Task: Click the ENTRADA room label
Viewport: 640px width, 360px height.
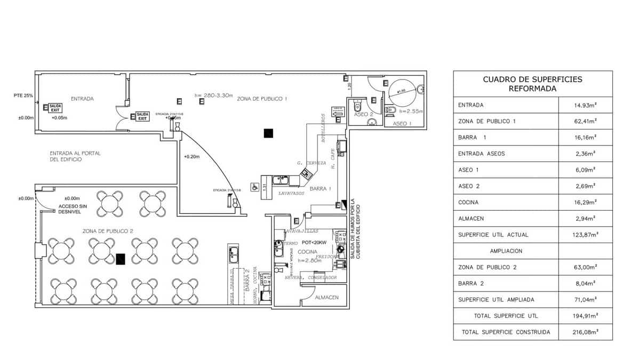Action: pyautogui.click(x=82, y=99)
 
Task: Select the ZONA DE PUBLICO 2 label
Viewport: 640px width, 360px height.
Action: pyautogui.click(x=108, y=231)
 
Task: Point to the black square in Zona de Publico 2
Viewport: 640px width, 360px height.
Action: pyautogui.click(x=121, y=259)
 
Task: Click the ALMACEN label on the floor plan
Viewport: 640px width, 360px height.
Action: pyautogui.click(x=327, y=297)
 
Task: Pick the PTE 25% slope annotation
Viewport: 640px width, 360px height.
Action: pyautogui.click(x=23, y=96)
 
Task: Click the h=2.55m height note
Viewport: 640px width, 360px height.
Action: pyautogui.click(x=411, y=111)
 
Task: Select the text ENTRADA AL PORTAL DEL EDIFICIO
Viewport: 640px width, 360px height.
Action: pyautogui.click(x=75, y=156)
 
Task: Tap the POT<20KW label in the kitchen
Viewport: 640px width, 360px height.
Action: pyautogui.click(x=317, y=243)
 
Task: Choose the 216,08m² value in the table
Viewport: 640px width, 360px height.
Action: pyautogui.click(x=585, y=332)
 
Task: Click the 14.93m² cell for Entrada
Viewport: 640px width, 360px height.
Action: pyautogui.click(x=585, y=105)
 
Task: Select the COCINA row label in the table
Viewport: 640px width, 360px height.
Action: pyautogui.click(x=468, y=202)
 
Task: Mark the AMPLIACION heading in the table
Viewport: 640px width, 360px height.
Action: pyautogui.click(x=506, y=251)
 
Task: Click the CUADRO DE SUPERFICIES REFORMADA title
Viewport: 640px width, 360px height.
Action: pyautogui.click(x=532, y=84)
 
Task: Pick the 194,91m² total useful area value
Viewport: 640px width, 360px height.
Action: pyautogui.click(x=585, y=316)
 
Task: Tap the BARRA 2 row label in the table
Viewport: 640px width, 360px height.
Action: pyautogui.click(x=473, y=283)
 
